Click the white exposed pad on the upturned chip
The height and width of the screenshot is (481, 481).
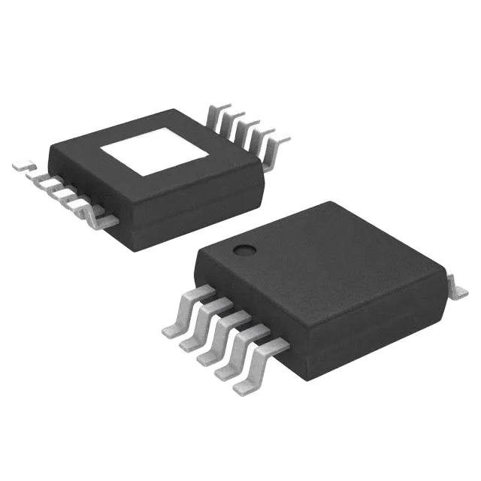tap(156, 152)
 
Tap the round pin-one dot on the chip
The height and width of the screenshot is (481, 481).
tap(242, 250)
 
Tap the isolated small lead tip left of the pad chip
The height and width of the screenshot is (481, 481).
tap(22, 164)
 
